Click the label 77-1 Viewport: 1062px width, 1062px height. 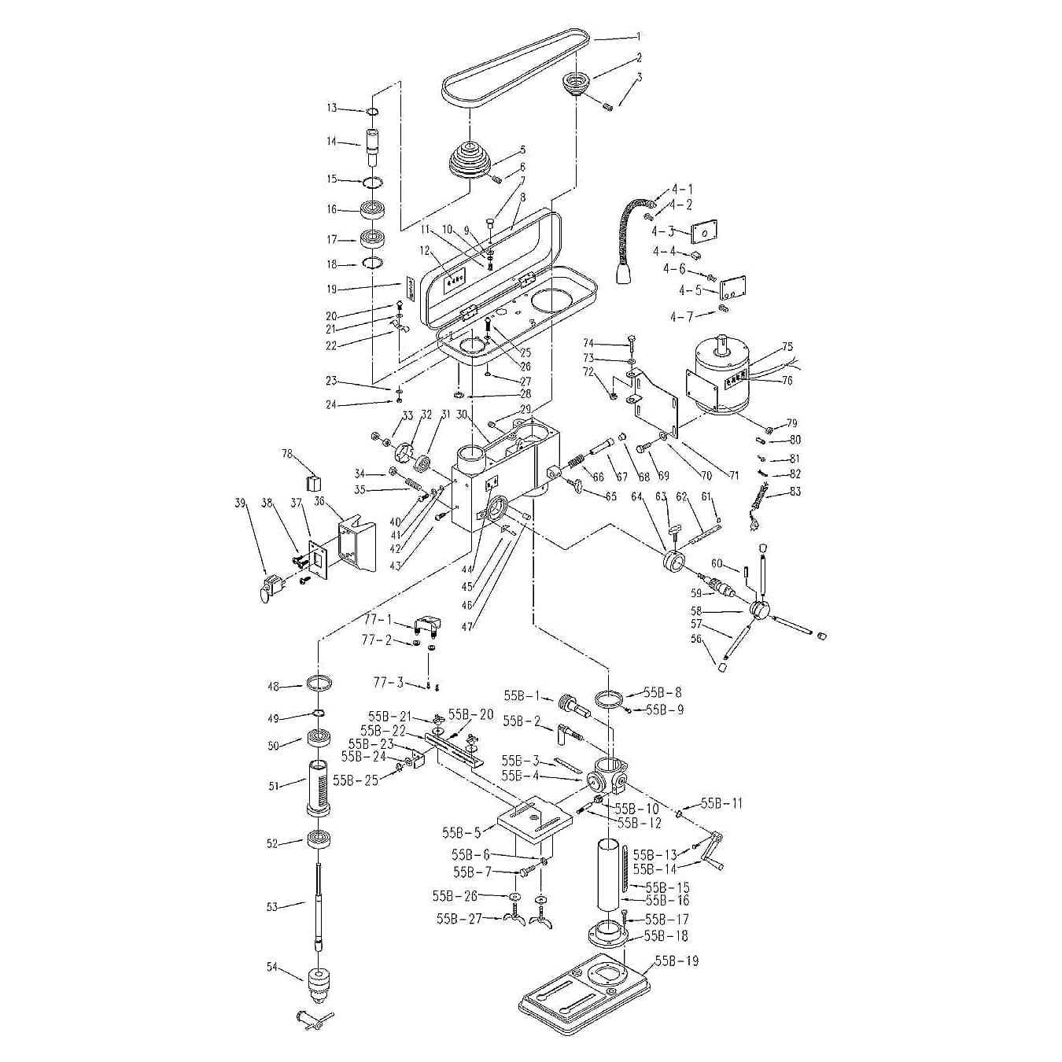[x=377, y=620]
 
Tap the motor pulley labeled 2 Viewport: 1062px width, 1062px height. [x=577, y=83]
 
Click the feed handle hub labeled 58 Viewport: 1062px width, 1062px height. [x=760, y=610]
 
